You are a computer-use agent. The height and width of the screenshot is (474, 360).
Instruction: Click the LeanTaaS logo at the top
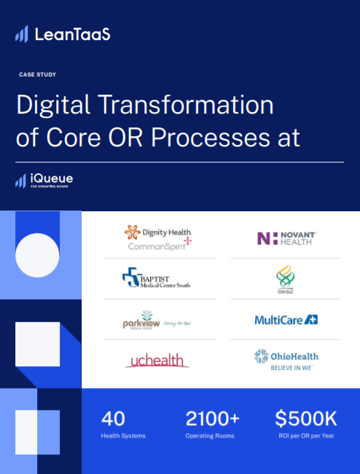(63, 33)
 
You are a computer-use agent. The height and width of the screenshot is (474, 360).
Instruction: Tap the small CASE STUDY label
(38, 74)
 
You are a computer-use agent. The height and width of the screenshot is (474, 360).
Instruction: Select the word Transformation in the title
(184, 106)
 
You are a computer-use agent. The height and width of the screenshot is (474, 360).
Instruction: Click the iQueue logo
(44, 179)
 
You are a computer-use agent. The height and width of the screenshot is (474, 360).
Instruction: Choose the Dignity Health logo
(158, 232)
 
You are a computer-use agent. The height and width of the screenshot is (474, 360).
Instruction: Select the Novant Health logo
(285, 238)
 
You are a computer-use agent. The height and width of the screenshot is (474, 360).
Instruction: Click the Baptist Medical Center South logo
(157, 278)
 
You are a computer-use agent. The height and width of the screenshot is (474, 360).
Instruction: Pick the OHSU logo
(285, 277)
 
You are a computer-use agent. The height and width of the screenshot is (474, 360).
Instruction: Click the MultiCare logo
(286, 320)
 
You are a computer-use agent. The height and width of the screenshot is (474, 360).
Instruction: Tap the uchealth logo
(157, 360)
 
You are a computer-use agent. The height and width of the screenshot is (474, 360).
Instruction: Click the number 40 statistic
(113, 419)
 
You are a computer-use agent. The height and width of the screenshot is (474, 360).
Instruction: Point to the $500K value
(305, 419)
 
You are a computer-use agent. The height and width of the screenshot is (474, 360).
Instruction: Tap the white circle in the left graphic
(37, 256)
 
